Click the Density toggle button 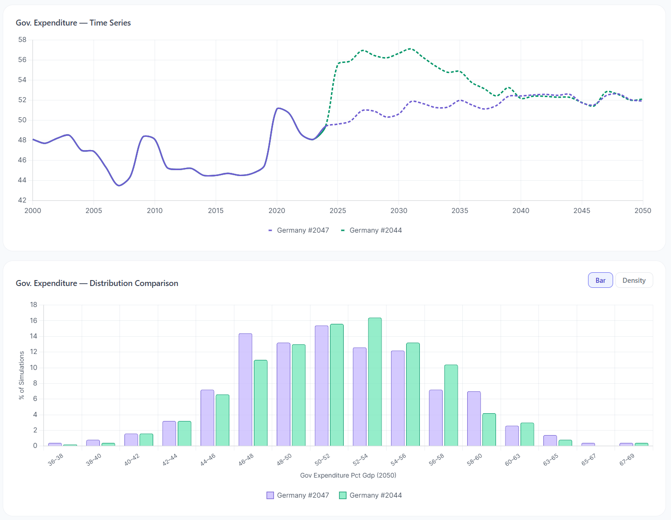pos(634,281)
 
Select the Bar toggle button pos(600,281)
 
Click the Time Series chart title pos(73,23)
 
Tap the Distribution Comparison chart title pos(97,283)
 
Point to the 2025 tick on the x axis pos(338,211)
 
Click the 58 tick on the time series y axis pos(22,40)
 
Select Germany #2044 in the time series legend pos(372,230)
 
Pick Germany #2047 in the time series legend pos(299,230)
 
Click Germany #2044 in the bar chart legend pos(371,495)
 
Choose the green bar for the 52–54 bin pos(375,382)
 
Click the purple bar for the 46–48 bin pos(245,390)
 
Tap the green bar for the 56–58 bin pos(451,406)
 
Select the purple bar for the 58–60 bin pos(474,419)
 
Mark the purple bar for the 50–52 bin pos(321,386)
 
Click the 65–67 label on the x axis pos(588,460)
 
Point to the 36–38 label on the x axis pos(56,460)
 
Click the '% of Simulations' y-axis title pos(21,375)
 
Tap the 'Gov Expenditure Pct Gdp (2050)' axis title pos(348,475)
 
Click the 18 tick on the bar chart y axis pos(34,305)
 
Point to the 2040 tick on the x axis pos(521,211)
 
